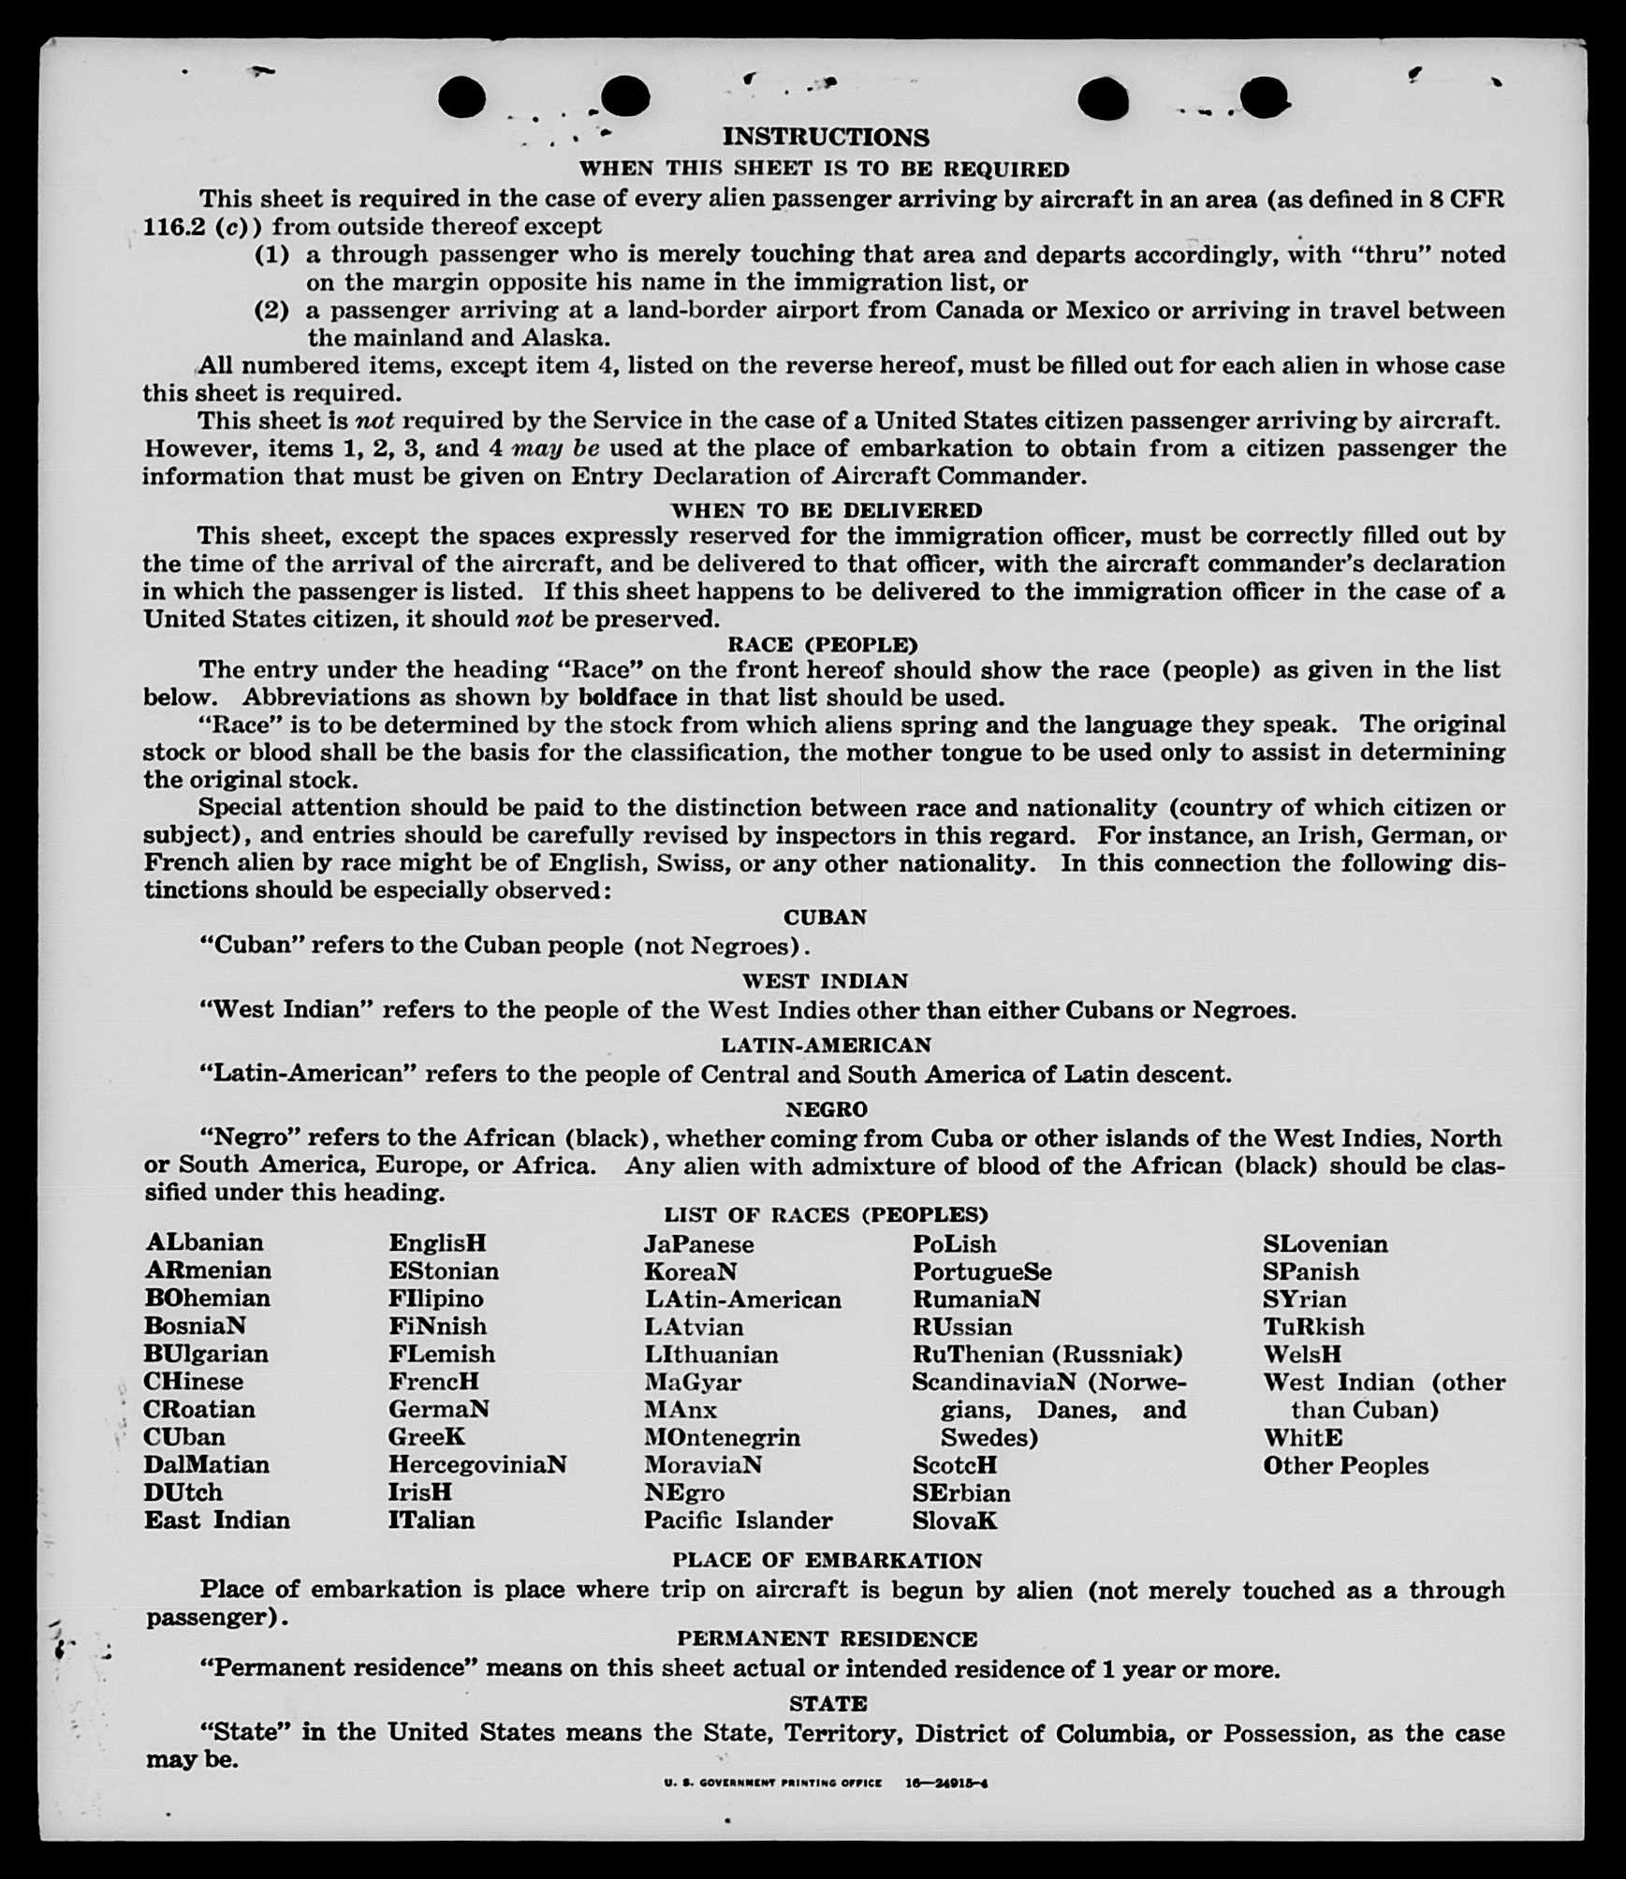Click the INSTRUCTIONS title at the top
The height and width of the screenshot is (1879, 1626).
pos(825,137)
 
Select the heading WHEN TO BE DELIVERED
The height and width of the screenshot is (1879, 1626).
pos(826,510)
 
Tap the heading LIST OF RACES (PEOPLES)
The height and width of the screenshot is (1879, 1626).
pos(825,1215)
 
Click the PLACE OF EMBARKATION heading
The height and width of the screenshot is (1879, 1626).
pos(827,1561)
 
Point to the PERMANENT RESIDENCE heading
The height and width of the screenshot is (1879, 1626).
pos(827,1639)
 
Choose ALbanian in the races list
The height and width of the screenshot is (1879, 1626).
pos(204,1242)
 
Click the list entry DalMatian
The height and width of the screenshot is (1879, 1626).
pos(206,1464)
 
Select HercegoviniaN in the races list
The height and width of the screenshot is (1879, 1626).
pos(477,1464)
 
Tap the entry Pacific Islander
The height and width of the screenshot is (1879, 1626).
pos(738,1519)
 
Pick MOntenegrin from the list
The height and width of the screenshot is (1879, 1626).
pos(722,1437)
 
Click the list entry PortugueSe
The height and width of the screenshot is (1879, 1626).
pos(982,1271)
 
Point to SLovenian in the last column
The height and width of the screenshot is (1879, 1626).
pos(1325,1244)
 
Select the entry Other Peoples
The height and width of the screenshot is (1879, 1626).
pos(1345,1465)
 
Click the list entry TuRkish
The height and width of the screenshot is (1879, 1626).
pos(1313,1327)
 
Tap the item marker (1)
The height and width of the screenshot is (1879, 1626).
pos(271,255)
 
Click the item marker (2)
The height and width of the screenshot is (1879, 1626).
pos(271,310)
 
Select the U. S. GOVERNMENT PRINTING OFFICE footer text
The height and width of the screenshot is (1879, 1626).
pos(772,1784)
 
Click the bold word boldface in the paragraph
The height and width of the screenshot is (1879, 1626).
pos(627,697)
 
